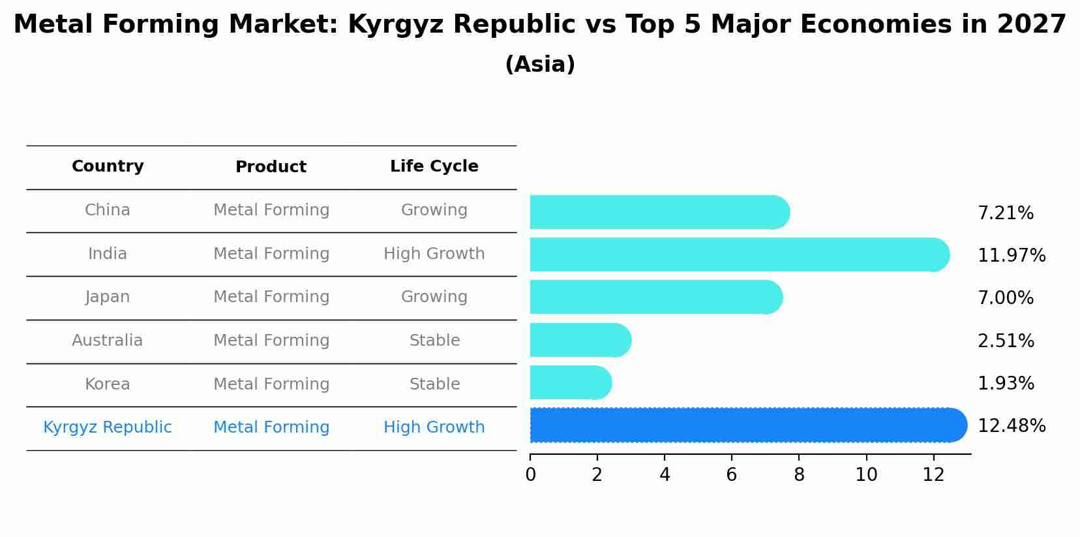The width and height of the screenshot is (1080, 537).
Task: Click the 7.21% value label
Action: coord(1005,213)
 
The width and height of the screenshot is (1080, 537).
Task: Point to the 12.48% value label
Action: coord(1011,426)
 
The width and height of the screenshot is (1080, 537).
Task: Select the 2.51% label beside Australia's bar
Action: coord(1005,341)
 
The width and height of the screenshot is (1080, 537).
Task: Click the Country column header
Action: coord(108,166)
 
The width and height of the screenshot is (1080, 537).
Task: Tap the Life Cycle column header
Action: coord(434,166)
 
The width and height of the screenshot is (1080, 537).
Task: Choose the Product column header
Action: coord(271,167)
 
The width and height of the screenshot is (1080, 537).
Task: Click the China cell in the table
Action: coord(108,210)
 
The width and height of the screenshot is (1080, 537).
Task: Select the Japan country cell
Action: coord(108,297)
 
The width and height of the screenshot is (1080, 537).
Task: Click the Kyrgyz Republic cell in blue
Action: coord(108,427)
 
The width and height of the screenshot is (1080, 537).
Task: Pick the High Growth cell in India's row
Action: coord(434,254)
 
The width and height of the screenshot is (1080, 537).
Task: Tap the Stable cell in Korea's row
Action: coord(434,384)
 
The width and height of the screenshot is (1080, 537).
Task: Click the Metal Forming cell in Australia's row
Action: coord(271,341)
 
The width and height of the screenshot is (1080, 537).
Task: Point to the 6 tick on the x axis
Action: coord(731,475)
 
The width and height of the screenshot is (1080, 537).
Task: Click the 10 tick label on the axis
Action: coord(866,475)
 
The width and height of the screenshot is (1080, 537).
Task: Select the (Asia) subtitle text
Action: coord(540,65)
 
